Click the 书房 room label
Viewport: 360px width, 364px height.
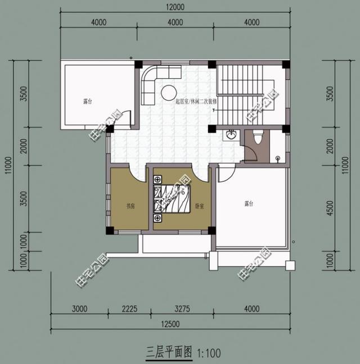click(x=130, y=206)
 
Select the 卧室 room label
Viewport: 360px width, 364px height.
click(x=199, y=206)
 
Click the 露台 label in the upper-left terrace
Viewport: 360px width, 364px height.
click(x=88, y=102)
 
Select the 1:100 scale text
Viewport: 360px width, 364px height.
click(x=210, y=353)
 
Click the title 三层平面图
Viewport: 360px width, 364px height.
click(x=169, y=353)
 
